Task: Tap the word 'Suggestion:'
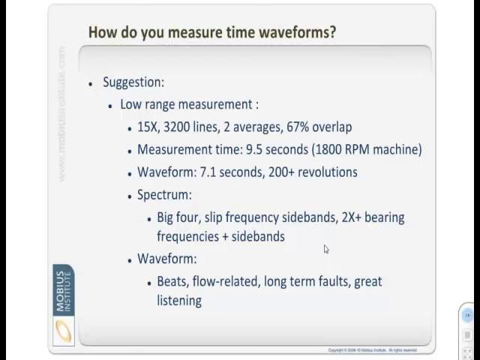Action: click(x=133, y=82)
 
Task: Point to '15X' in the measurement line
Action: click(x=148, y=127)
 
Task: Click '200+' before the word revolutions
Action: click(x=278, y=172)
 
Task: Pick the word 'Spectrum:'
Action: click(x=164, y=194)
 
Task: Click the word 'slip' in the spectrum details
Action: click(x=216, y=217)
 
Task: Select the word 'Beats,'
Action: click(x=174, y=281)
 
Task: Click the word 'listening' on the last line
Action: click(x=179, y=300)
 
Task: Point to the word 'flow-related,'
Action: click(x=229, y=281)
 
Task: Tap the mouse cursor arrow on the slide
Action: click(x=326, y=250)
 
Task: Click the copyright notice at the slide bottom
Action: click(x=371, y=349)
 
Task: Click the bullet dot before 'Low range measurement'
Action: click(x=111, y=106)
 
